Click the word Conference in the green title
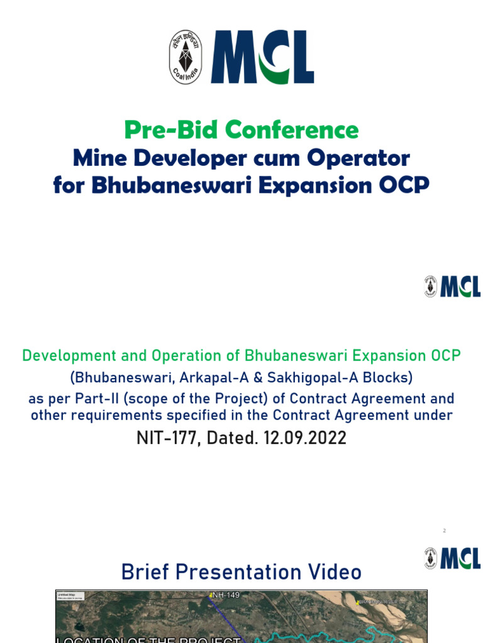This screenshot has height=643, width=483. [292, 130]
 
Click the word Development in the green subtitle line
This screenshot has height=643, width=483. [68, 355]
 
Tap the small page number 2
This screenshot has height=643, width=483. [444, 531]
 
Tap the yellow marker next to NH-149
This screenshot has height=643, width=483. [211, 595]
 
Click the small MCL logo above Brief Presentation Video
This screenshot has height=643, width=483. [452, 558]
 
